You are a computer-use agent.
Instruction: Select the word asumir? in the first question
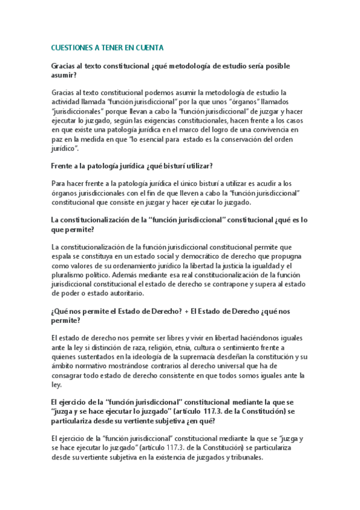[x=64, y=76]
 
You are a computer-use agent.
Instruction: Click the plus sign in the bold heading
[x=187, y=311]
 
